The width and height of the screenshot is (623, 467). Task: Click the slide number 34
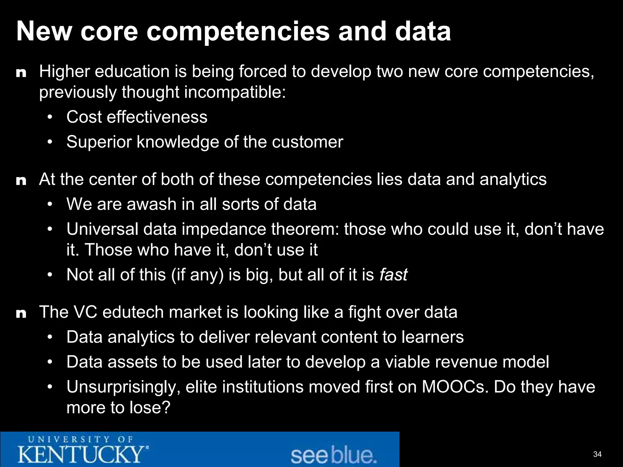(597, 454)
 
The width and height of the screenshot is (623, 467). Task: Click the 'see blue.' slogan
(333, 455)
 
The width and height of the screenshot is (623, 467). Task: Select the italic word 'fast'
(393, 275)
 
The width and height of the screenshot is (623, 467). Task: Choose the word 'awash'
(151, 204)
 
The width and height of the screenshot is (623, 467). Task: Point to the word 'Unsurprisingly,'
(124, 387)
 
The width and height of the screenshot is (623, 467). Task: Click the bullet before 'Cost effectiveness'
(50, 117)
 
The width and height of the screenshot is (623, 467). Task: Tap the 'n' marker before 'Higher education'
(21, 73)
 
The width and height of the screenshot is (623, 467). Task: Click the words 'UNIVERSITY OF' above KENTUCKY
(81, 439)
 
